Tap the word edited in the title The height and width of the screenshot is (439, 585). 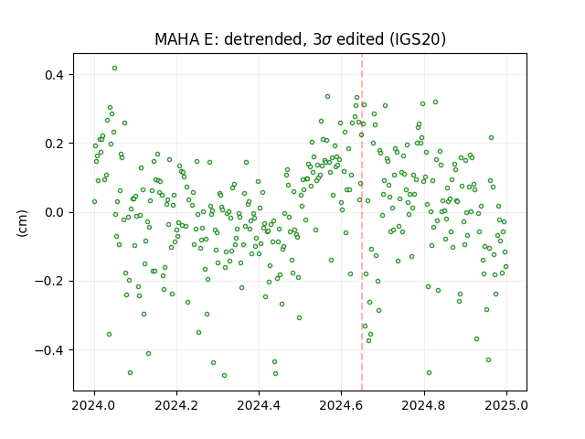(360, 39)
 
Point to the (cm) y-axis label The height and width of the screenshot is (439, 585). (22, 223)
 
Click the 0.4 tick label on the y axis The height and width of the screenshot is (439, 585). (54, 75)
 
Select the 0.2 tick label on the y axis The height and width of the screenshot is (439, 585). (54, 144)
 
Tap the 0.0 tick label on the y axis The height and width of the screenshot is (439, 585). (54, 212)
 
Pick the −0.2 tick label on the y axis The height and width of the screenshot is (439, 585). (49, 281)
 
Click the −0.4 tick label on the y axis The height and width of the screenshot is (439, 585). (49, 350)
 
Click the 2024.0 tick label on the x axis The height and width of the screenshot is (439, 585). (94, 405)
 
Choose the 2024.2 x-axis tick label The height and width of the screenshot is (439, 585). (176, 405)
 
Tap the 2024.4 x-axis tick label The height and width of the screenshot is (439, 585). (259, 405)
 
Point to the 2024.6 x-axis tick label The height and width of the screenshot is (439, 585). (341, 405)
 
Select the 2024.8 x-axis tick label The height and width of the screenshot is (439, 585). (424, 405)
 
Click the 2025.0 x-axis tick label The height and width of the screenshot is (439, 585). (506, 405)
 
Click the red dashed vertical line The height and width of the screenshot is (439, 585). (362, 222)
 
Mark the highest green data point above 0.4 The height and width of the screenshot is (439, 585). (114, 68)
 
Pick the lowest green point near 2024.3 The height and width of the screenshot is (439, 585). (224, 375)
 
